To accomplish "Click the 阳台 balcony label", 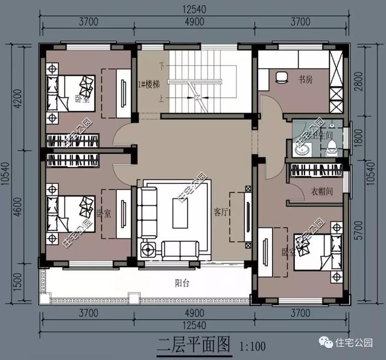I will pyautogui.click(x=183, y=282).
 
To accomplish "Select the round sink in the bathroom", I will pyautogui.click(x=302, y=148).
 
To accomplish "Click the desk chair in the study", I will pyautogui.click(x=281, y=78).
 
